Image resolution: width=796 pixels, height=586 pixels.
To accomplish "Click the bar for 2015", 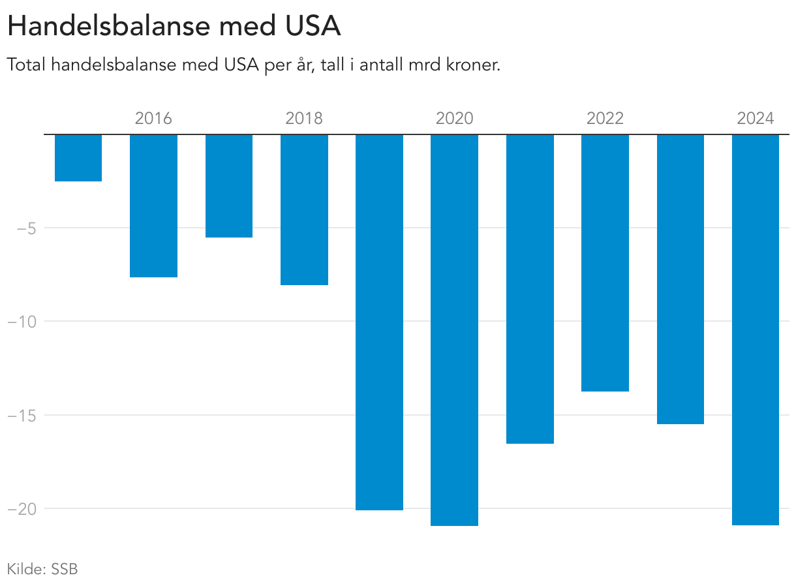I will point(78,158).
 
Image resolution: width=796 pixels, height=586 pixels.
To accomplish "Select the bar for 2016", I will point(153,206).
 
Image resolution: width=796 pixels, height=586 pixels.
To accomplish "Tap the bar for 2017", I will point(229,186).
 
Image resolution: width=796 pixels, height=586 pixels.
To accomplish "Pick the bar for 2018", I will point(304,209).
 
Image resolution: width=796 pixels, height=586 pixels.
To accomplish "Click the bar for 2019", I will point(379,322).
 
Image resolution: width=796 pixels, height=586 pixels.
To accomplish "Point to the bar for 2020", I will point(454,330).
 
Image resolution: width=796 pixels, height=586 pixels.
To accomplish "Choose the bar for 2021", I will point(530,289).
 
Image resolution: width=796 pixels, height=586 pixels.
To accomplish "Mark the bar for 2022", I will point(605,263).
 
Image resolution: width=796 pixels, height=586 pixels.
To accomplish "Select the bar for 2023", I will point(680,279).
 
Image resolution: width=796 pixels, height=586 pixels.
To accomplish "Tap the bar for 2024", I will point(756,330).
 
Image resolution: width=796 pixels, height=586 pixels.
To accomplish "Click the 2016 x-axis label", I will point(153,119).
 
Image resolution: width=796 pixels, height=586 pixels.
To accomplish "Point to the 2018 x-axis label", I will point(304,119).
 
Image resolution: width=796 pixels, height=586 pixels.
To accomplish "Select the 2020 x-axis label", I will point(454,119).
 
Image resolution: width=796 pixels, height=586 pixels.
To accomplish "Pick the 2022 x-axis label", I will point(605,119).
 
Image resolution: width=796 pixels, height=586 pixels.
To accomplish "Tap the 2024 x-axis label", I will point(755,119).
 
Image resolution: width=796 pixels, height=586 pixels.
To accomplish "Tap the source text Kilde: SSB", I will point(42,569).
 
